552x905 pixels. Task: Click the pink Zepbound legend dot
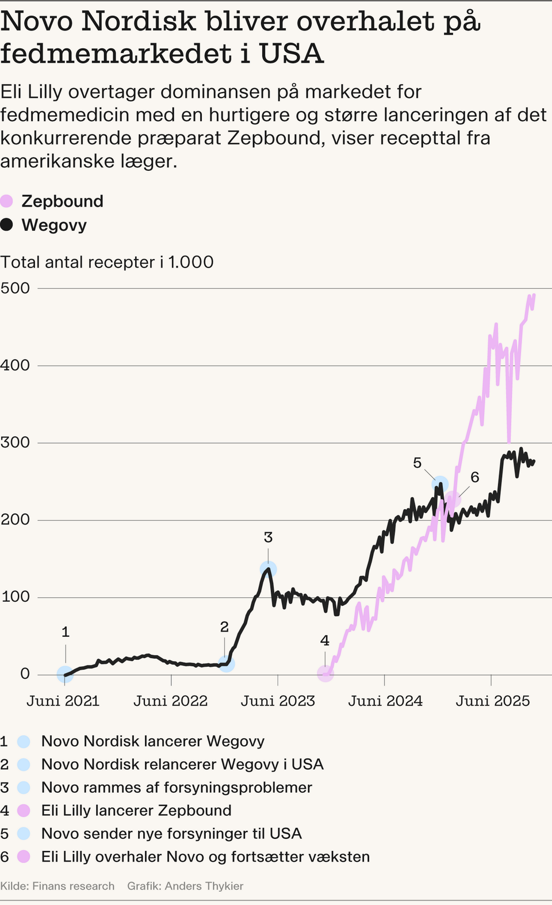pyautogui.click(x=6, y=201)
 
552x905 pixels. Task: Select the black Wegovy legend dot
pyautogui.click(x=6, y=225)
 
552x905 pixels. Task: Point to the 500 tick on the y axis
pyautogui.click(x=16, y=288)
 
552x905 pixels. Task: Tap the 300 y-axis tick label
pyautogui.click(x=16, y=442)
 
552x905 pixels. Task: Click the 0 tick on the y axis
pyautogui.click(x=25, y=674)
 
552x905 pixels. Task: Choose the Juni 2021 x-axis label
pyautogui.click(x=63, y=701)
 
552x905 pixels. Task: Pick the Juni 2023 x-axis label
pyautogui.click(x=278, y=701)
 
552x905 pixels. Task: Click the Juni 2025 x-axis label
pyautogui.click(x=492, y=701)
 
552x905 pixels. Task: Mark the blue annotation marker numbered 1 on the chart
pyautogui.click(x=65, y=674)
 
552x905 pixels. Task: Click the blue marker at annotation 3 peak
pyautogui.click(x=268, y=569)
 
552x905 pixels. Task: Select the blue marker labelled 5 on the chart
pyautogui.click(x=440, y=484)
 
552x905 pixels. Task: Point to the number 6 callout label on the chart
pyautogui.click(x=474, y=477)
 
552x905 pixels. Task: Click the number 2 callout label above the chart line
pyautogui.click(x=224, y=627)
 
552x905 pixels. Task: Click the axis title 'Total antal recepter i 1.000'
pyautogui.click(x=107, y=262)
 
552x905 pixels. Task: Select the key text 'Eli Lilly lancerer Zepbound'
pyautogui.click(x=136, y=811)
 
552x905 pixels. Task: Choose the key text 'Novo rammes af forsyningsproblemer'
pyautogui.click(x=177, y=787)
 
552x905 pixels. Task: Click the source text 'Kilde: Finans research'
pyautogui.click(x=57, y=886)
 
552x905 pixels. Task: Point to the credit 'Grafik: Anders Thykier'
pyautogui.click(x=185, y=886)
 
